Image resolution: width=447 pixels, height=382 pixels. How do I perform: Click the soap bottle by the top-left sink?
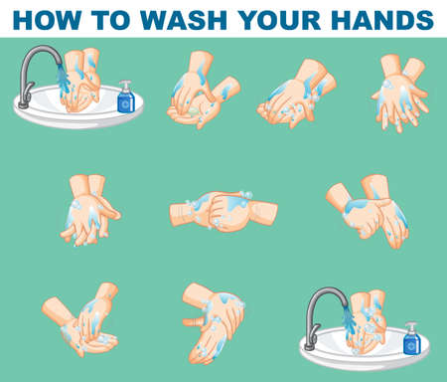point(126,97)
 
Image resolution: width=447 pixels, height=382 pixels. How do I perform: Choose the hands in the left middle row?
point(91,210)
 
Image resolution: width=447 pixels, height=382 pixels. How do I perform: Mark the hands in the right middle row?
point(372,211)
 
